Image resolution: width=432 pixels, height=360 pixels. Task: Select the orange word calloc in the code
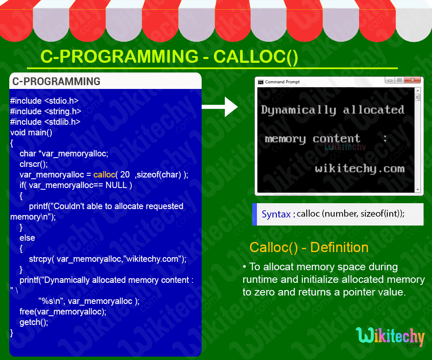click(104, 175)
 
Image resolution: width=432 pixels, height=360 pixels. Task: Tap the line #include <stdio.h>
click(44, 101)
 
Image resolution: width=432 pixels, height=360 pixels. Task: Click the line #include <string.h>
click(46, 111)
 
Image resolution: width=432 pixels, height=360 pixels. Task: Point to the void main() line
click(31, 132)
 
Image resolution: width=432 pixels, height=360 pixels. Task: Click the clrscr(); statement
click(34, 164)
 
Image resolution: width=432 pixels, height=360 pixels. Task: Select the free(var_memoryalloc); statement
click(63, 312)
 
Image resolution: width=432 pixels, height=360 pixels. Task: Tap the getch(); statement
click(34, 322)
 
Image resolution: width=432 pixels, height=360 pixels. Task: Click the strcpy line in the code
click(108, 259)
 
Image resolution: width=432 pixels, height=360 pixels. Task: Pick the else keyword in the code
click(27, 238)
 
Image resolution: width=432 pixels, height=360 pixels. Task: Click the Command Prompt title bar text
click(282, 82)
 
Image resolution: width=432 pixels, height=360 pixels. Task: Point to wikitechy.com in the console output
click(359, 169)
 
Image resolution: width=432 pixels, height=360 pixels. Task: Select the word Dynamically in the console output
click(298, 110)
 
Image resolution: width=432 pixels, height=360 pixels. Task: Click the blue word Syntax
click(276, 214)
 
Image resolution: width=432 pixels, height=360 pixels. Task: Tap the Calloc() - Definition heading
click(309, 247)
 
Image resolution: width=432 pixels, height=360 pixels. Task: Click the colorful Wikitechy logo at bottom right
click(390, 337)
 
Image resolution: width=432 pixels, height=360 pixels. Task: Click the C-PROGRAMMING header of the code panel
click(56, 81)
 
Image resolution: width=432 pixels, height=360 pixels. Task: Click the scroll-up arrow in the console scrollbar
click(418, 91)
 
